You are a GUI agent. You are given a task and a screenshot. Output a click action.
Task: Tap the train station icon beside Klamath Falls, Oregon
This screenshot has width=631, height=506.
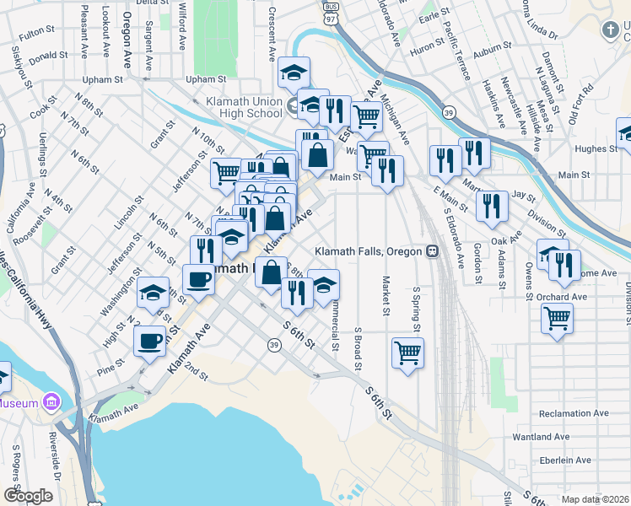click(x=431, y=251)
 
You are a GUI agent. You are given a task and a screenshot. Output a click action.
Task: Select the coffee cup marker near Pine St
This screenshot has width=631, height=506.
click(x=149, y=342)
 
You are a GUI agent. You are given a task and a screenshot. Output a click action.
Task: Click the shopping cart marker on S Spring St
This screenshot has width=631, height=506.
click(x=407, y=353)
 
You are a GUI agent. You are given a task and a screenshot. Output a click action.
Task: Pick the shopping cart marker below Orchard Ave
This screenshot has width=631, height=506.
click(x=556, y=319)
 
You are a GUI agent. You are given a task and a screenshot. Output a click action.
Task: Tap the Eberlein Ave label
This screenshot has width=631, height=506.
click(x=564, y=460)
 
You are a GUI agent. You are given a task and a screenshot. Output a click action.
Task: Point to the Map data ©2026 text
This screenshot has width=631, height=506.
click(x=595, y=499)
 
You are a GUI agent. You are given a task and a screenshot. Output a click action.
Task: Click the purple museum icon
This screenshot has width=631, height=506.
click(x=51, y=402)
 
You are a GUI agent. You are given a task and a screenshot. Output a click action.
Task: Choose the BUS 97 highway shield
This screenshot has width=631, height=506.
click(x=330, y=11)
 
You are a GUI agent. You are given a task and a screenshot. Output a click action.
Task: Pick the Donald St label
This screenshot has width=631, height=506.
click(x=48, y=55)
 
